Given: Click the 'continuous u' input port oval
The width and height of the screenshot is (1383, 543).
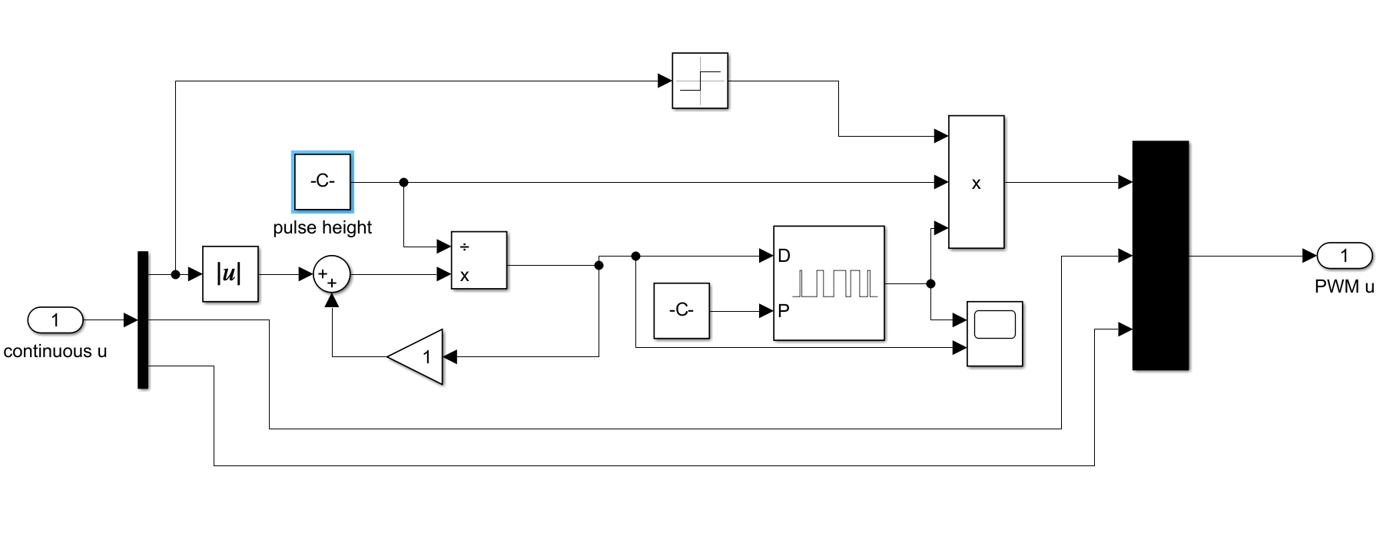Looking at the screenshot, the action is pyautogui.click(x=55, y=320).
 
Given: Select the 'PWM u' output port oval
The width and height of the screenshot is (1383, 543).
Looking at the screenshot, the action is pyautogui.click(x=1345, y=256).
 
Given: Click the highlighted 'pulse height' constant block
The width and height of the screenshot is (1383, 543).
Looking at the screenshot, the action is pyautogui.click(x=323, y=182).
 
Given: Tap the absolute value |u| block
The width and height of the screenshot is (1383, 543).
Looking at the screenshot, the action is pyautogui.click(x=230, y=273).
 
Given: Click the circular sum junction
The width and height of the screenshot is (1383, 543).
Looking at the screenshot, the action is pyautogui.click(x=332, y=274).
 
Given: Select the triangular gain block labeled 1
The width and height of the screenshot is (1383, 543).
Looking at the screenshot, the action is pyautogui.click(x=415, y=356).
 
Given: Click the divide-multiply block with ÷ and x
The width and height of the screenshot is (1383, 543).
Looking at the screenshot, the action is pyautogui.click(x=479, y=260).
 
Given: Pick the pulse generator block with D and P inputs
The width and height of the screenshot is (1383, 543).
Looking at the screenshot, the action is pyautogui.click(x=829, y=283).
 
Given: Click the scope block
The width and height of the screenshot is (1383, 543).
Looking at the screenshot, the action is pyautogui.click(x=995, y=333).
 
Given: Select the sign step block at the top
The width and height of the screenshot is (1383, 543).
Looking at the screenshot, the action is pyautogui.click(x=700, y=81).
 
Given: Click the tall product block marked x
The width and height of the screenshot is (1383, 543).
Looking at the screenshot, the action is pyautogui.click(x=977, y=182).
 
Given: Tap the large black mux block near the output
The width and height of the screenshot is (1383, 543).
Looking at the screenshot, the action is pyautogui.click(x=1161, y=255).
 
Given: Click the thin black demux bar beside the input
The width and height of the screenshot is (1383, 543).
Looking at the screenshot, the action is pyautogui.click(x=143, y=320).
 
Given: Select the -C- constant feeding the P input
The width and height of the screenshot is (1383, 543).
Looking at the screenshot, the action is pyautogui.click(x=682, y=310).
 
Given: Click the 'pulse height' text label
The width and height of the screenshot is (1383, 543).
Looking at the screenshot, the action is pyautogui.click(x=323, y=227).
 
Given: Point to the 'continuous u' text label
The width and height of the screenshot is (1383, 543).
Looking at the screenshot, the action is pyautogui.click(x=55, y=352).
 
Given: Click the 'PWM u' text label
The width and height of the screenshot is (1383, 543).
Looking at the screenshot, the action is pyautogui.click(x=1345, y=286).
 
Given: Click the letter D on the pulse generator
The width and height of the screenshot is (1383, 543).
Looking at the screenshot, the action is pyautogui.click(x=784, y=256).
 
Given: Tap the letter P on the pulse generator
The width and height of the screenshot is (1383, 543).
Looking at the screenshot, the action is pyautogui.click(x=784, y=311).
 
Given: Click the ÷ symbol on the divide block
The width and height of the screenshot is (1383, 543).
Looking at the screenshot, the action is pyautogui.click(x=464, y=247).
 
